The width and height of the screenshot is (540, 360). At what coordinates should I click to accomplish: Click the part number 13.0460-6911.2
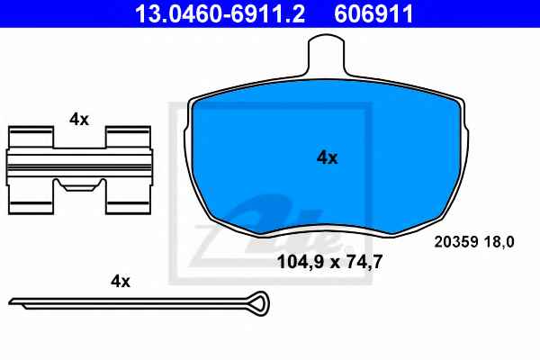tap(220, 13)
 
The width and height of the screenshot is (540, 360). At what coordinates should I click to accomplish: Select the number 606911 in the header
tap(373, 13)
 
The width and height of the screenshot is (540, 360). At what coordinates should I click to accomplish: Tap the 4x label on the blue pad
tap(328, 157)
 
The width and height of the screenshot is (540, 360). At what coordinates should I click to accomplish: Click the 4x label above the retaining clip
tap(79, 120)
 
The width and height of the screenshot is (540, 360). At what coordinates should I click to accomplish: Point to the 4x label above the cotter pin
tap(121, 282)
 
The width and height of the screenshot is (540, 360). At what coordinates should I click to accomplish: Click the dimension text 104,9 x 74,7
tap(329, 262)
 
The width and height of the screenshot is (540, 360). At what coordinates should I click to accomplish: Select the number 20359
tap(456, 242)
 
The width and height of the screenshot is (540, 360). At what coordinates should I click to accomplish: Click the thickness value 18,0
tap(499, 242)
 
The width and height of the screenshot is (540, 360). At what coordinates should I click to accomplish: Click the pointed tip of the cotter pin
tap(10, 302)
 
